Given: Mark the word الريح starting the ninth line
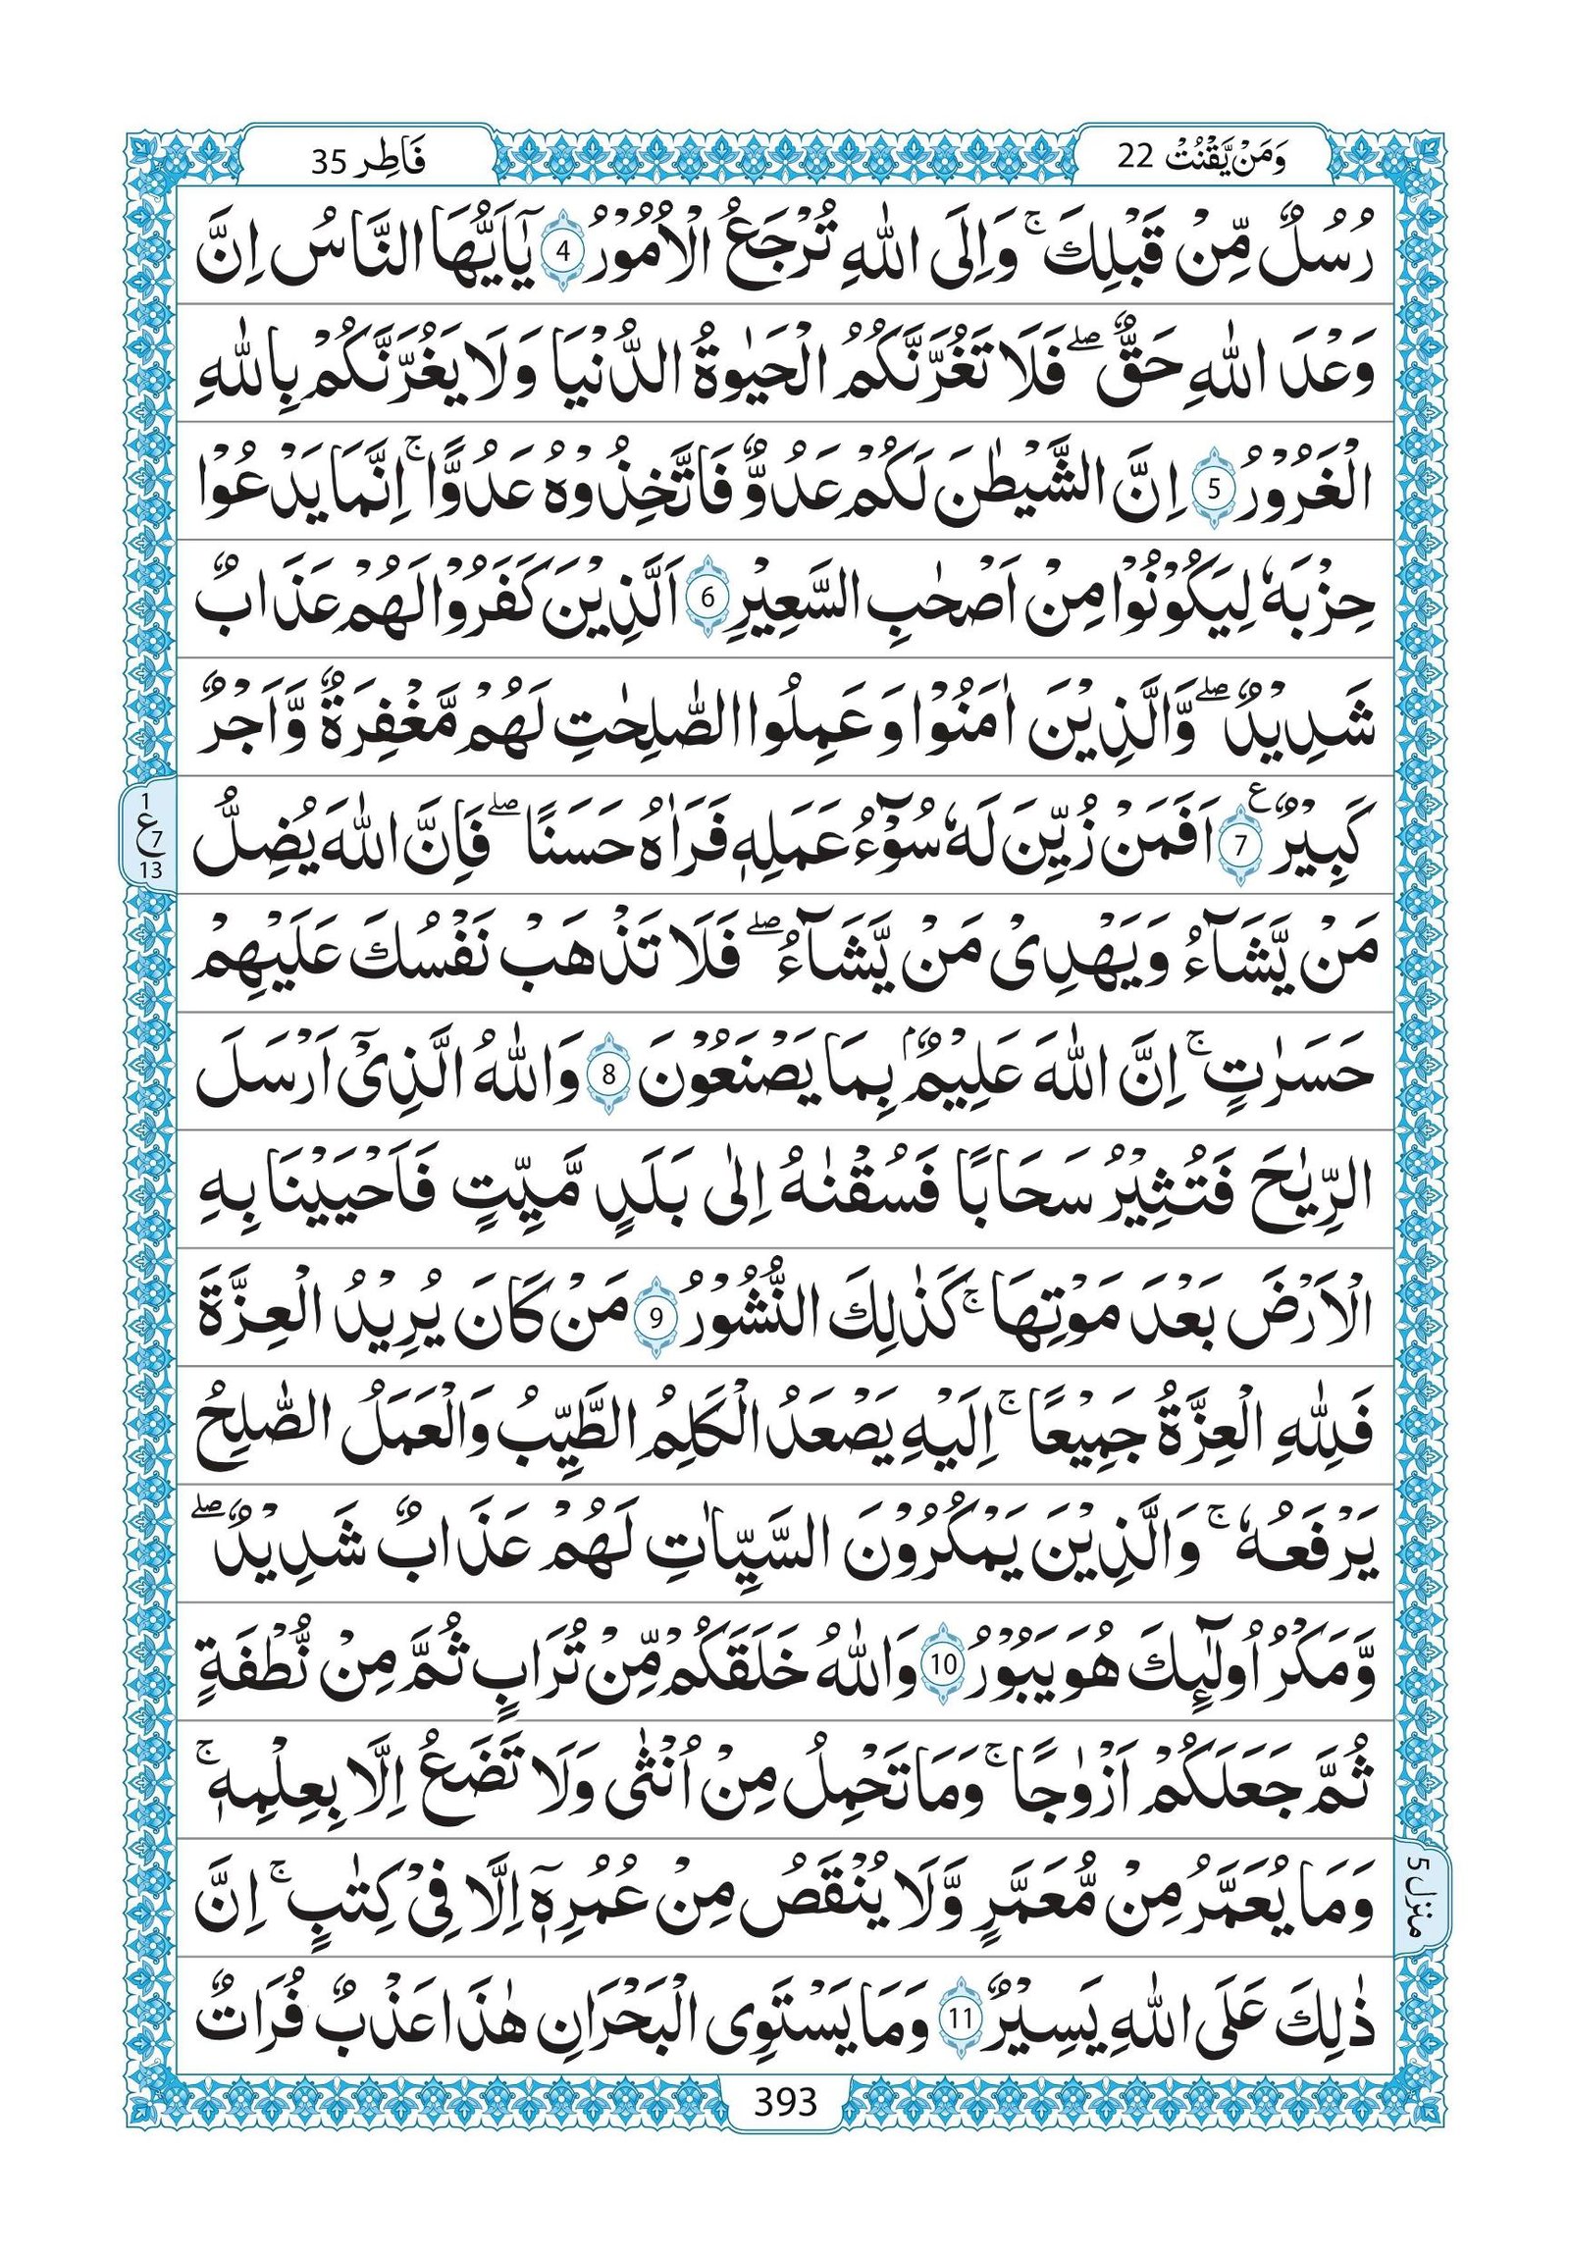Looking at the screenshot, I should point(1307,1194).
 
